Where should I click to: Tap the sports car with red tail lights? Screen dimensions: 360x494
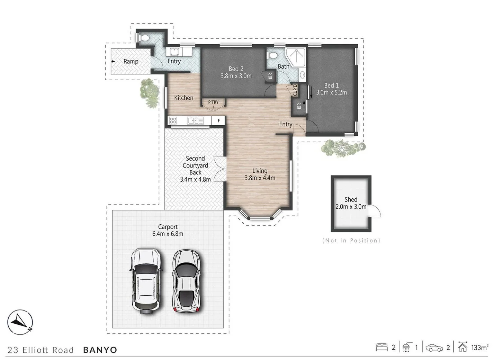coord(187,280)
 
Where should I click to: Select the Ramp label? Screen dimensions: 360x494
coord(131,62)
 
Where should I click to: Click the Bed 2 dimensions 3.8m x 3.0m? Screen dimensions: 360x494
coord(236,76)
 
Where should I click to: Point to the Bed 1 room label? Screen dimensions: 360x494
coord(331,85)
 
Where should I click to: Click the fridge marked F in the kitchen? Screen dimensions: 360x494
coord(218,121)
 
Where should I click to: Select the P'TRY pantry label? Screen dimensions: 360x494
coord(213,102)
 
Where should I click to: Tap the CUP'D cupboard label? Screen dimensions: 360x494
coord(295,90)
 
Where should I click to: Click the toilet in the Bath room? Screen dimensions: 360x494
coord(273,56)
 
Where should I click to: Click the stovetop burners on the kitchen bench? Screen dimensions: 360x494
coord(173,120)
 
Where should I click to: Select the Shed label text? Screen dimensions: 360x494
coord(351,199)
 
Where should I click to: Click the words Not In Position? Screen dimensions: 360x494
coord(351,241)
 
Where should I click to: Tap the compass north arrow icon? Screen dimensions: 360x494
coord(20,322)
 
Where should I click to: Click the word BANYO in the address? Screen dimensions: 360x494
coord(100,350)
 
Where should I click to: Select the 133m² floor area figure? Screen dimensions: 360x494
coord(479,348)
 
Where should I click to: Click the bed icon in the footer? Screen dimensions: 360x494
coord(382,347)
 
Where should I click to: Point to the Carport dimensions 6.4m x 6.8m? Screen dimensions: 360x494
coord(168,234)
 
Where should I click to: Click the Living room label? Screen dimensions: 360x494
coord(260,171)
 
